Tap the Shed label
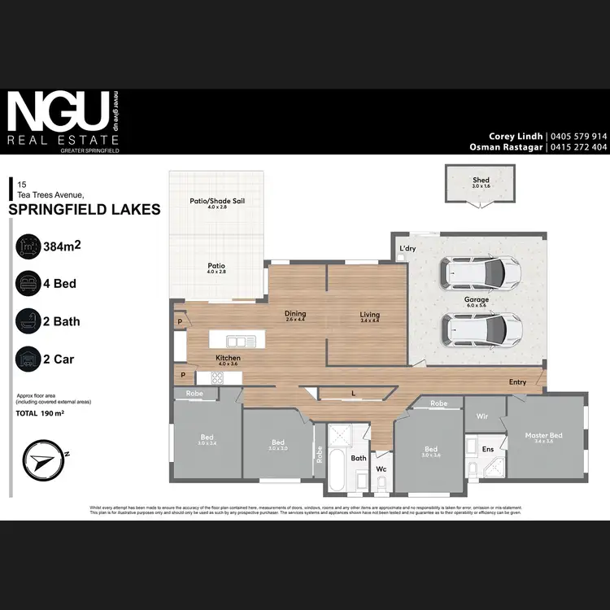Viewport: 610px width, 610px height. tap(481, 181)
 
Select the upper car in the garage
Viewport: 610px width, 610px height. tap(478, 273)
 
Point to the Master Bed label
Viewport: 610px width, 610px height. tap(543, 436)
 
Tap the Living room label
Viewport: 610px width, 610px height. tap(370, 315)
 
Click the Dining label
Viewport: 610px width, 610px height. tap(294, 314)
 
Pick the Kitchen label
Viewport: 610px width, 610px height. tap(227, 358)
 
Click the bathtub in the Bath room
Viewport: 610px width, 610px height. tap(336, 469)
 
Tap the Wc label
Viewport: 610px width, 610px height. tap(379, 468)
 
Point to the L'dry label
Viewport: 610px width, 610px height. tap(407, 248)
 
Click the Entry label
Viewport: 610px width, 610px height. tap(517, 382)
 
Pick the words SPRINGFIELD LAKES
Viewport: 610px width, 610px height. tap(84, 209)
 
